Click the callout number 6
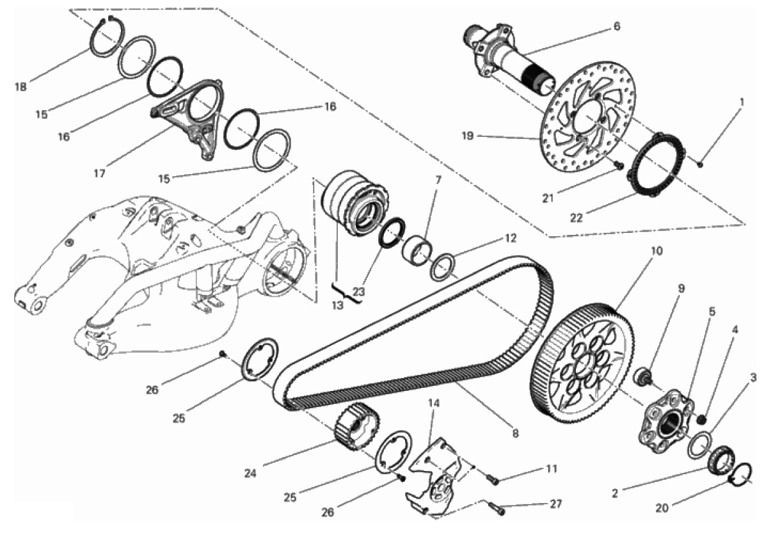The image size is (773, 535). [617, 26]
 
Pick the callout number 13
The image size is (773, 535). [337, 306]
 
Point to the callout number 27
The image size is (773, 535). [555, 504]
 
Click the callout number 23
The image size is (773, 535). [359, 292]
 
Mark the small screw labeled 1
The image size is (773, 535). [700, 164]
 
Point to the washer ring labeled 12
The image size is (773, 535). [442, 266]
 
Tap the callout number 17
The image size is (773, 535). [100, 173]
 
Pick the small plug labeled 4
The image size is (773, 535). [701, 419]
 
